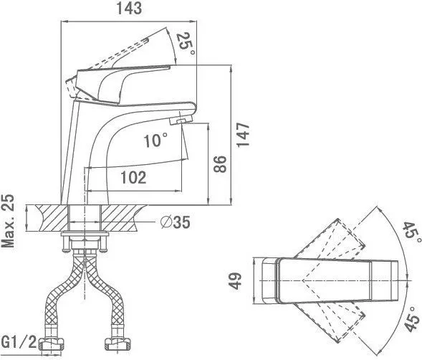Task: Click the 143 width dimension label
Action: (x=129, y=9)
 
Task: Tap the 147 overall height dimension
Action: (x=243, y=135)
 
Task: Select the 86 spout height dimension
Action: (x=220, y=164)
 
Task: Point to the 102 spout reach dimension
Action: (x=133, y=178)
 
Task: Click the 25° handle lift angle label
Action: (x=185, y=44)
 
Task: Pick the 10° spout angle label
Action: (x=155, y=141)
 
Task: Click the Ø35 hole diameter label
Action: (x=176, y=222)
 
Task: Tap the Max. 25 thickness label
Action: (x=8, y=221)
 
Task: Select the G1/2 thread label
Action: (x=19, y=342)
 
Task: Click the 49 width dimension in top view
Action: (x=236, y=281)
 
